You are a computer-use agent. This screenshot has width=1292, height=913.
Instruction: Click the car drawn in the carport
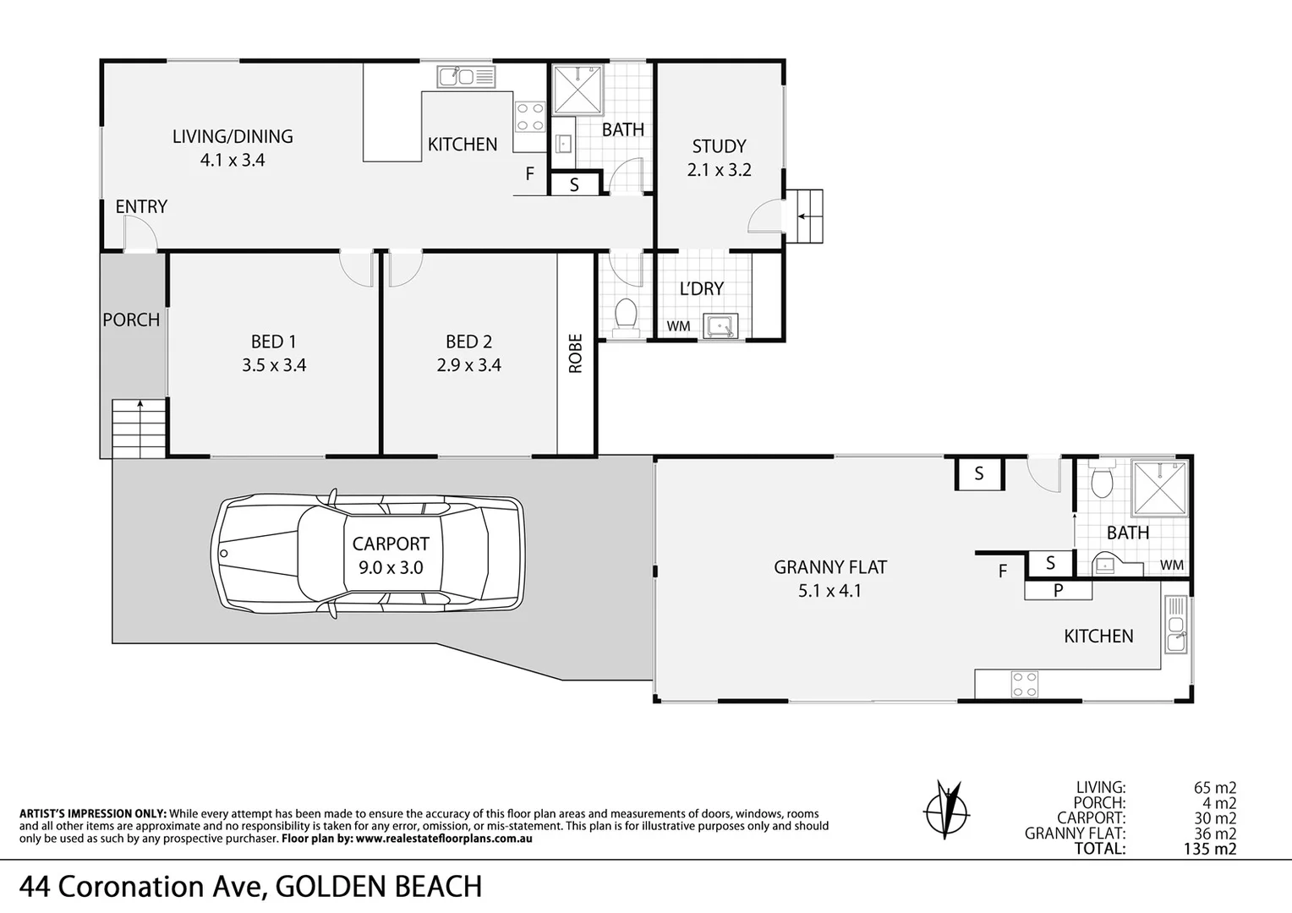(370, 555)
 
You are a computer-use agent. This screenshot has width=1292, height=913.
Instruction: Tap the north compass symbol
(945, 806)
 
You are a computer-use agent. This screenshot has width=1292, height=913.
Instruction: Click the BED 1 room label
(273, 342)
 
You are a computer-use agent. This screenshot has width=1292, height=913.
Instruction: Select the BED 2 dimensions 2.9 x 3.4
(468, 365)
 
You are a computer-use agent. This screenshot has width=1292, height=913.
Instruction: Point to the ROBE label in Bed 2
(576, 354)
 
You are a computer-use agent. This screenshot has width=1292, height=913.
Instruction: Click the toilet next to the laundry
(626, 317)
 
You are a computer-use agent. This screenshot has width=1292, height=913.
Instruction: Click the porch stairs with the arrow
(139, 429)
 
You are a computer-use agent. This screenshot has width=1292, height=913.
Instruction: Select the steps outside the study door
(807, 216)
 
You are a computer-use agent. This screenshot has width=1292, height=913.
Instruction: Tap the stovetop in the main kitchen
(530, 117)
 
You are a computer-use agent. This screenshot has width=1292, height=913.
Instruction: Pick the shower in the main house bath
(578, 89)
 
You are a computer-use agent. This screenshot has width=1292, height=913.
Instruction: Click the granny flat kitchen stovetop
(1025, 684)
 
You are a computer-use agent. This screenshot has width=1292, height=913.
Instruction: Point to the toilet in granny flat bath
(1102, 482)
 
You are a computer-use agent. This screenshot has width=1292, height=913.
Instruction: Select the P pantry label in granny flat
(1057, 591)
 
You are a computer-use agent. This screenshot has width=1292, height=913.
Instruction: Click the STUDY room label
(719, 146)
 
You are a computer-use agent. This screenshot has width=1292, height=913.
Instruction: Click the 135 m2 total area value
(1210, 849)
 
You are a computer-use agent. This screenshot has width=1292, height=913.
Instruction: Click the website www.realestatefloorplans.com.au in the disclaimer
(443, 839)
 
